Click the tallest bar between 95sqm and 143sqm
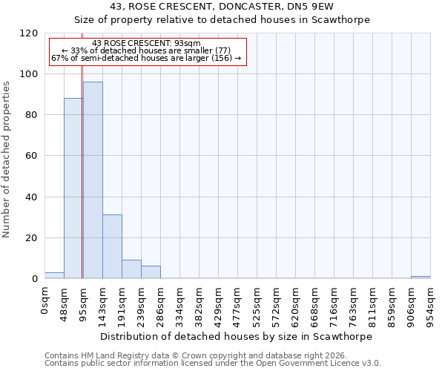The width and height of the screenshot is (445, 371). click(93, 180)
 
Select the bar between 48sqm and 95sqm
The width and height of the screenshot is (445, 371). click(73, 188)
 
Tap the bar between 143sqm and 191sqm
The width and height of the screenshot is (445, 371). click(112, 246)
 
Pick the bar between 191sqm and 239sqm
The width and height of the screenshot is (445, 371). click(131, 269)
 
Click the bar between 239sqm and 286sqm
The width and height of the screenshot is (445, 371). click(151, 272)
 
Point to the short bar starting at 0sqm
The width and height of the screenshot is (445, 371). click(54, 275)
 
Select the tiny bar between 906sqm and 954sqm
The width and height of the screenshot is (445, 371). click(421, 278)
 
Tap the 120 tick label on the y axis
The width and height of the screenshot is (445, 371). click(30, 33)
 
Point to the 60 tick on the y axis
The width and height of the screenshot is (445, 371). click(33, 156)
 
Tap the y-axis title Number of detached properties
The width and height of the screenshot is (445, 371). click(7, 160)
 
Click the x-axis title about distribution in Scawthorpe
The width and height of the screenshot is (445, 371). click(235, 336)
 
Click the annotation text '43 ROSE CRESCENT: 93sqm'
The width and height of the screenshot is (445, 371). click(146, 44)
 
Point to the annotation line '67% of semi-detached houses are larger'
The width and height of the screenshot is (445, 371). click(146, 58)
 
